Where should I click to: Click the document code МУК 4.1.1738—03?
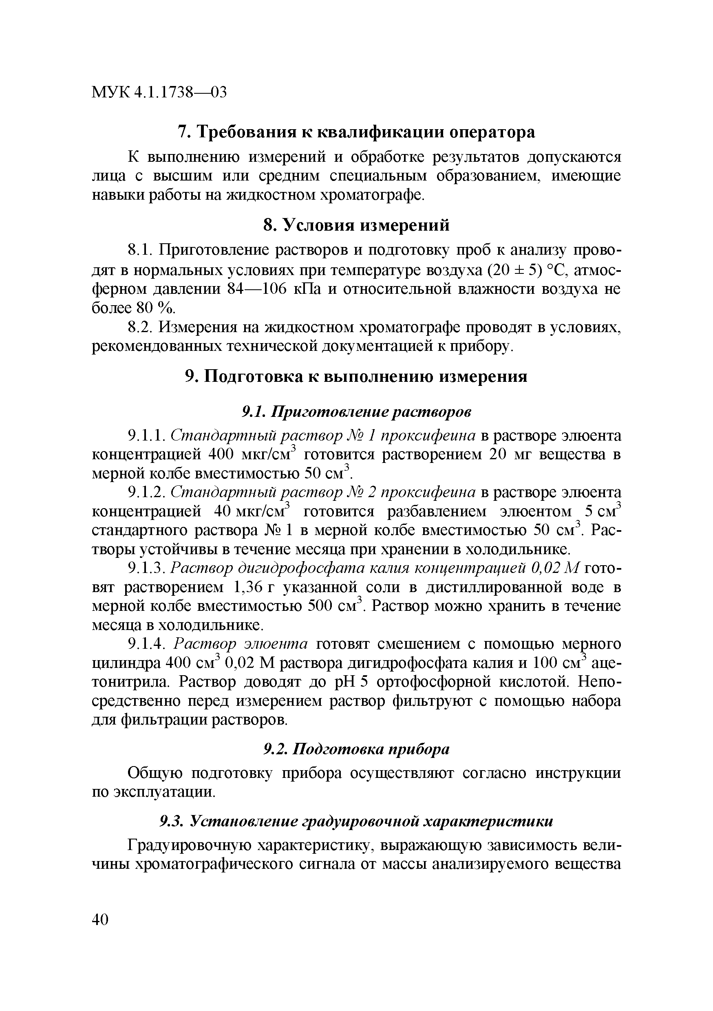[x=159, y=93]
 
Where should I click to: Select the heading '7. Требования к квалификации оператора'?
[x=356, y=132]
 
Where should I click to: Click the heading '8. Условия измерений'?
[x=356, y=225]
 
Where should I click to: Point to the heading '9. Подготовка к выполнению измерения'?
[x=356, y=377]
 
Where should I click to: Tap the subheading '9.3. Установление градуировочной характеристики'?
[x=356, y=821]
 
